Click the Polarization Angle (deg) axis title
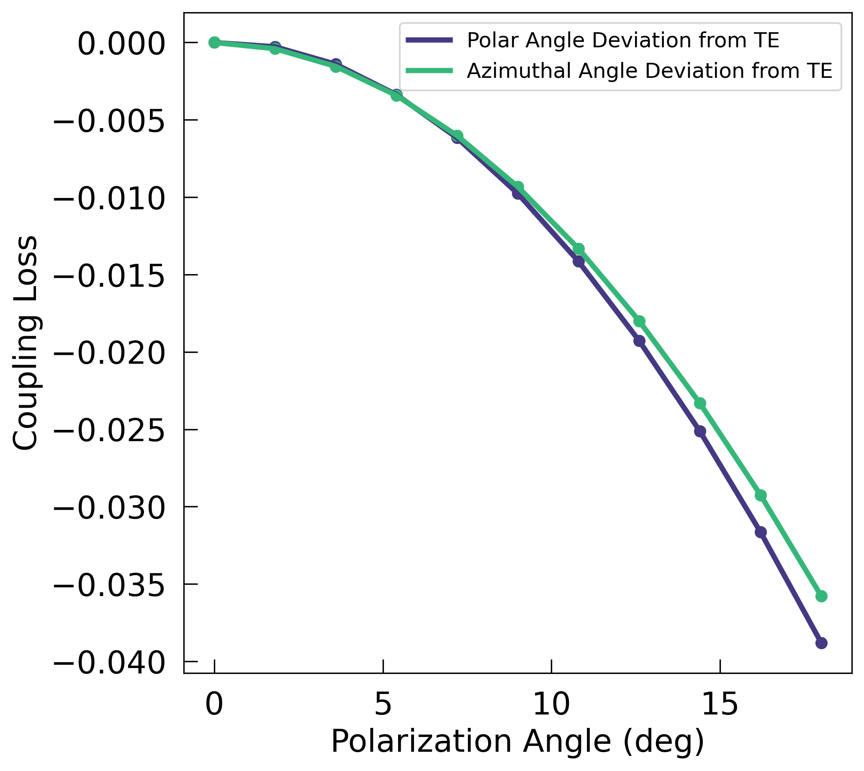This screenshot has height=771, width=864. pos(517,742)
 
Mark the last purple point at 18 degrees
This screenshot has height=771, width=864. pos(821,643)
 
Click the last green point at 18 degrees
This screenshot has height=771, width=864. pos(821,596)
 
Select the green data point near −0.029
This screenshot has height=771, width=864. pos(761,495)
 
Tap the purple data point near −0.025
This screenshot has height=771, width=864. pos(700,431)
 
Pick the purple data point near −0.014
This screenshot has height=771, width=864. pos(579,261)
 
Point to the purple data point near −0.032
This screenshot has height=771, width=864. pos(761,532)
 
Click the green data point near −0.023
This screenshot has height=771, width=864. pos(700,403)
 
